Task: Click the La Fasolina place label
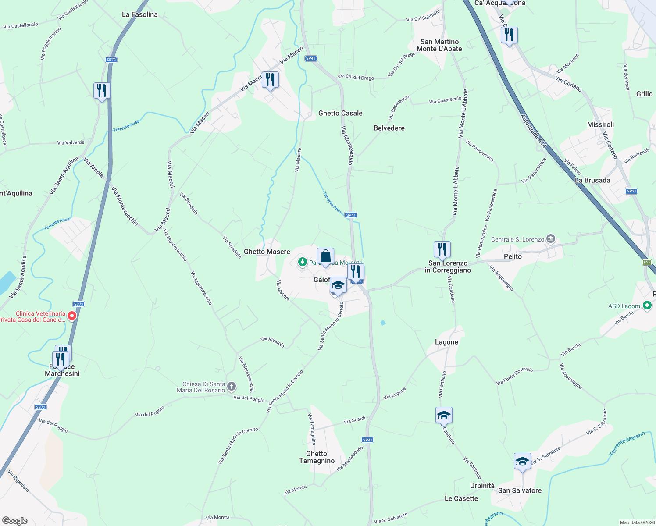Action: (x=139, y=14)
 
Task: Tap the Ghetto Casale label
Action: (x=340, y=113)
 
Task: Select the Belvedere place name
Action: (x=389, y=128)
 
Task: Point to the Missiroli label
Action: (x=600, y=124)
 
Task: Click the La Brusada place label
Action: (x=592, y=180)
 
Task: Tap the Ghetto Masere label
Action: (x=267, y=252)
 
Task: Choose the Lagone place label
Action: (x=446, y=342)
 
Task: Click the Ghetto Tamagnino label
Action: (x=317, y=457)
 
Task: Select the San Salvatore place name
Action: (x=520, y=490)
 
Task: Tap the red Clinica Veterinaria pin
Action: (x=72, y=316)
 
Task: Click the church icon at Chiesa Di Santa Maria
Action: (x=232, y=387)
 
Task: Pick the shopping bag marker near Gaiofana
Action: (x=325, y=256)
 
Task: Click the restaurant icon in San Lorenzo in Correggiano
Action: (x=442, y=249)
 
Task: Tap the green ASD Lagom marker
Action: (x=647, y=306)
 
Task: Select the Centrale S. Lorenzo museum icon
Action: (x=551, y=239)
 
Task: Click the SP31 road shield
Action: (x=631, y=191)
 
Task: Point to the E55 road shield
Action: (x=647, y=262)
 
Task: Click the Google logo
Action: (x=15, y=520)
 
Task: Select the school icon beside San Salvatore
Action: (x=522, y=461)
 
